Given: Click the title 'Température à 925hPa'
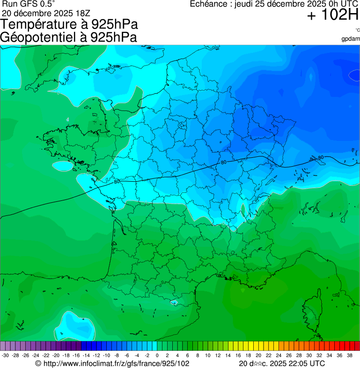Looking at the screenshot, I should point(69,25).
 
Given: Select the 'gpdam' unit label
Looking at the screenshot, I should point(351,38).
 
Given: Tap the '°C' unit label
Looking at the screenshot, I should point(357,30).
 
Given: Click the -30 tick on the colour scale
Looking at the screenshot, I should point(5,355).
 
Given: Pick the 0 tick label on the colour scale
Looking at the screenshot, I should point(157,355).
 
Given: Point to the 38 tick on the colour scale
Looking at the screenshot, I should point(349,355).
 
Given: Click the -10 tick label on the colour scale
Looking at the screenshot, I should point(106,355).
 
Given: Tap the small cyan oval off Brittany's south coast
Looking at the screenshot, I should point(62,166).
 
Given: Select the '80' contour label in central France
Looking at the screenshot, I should point(224,162).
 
